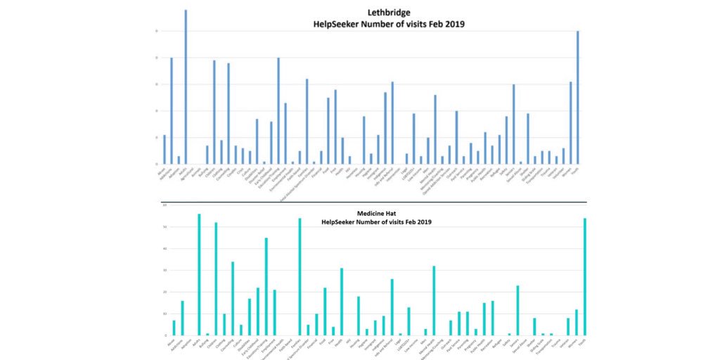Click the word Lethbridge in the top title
[x=389, y=12]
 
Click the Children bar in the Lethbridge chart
[x=214, y=112]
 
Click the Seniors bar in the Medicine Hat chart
[x=517, y=310]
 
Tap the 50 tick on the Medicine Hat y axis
[x=164, y=227]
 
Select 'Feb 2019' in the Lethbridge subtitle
[x=447, y=24]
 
